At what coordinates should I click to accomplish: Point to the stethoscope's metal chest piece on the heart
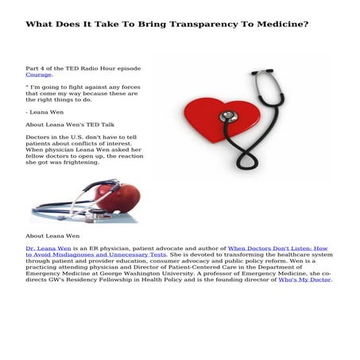pyautogui.click(x=229, y=116)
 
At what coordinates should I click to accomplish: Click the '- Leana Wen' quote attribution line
pyautogui.click(x=47, y=112)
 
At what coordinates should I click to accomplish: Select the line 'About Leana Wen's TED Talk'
pyautogui.click(x=70, y=125)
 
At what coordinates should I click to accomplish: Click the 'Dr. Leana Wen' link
pyautogui.click(x=48, y=248)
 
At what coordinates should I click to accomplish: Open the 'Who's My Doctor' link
pyautogui.click(x=304, y=280)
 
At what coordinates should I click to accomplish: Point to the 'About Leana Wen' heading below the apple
pyautogui.click(x=51, y=236)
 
